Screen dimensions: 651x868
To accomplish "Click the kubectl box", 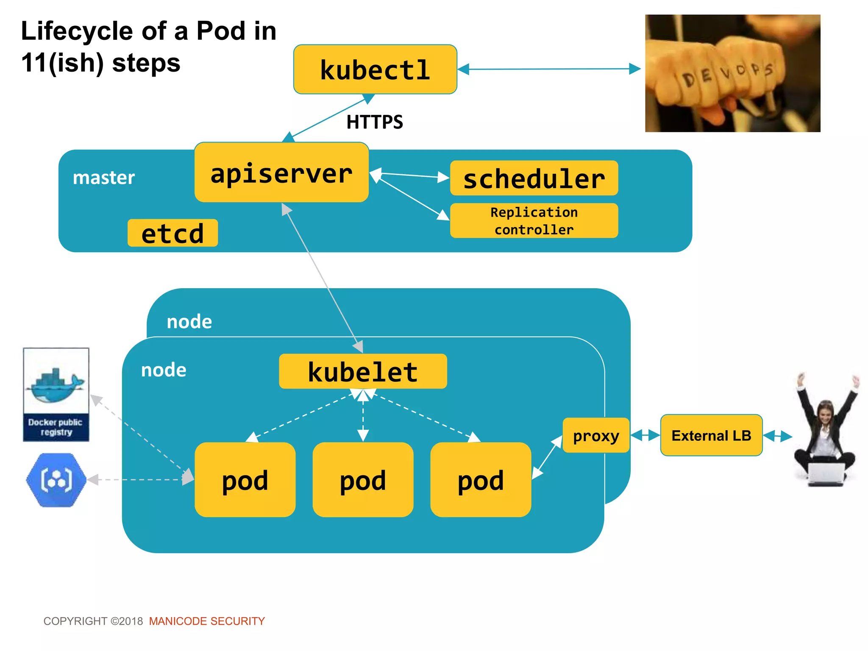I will [x=375, y=70].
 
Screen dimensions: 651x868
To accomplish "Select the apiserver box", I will [x=281, y=172].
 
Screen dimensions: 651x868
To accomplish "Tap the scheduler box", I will [x=534, y=178].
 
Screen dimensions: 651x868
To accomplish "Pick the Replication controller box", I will [x=534, y=220].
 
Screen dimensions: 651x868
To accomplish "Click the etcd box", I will [x=172, y=233].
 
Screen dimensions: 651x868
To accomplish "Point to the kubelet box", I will [x=363, y=371].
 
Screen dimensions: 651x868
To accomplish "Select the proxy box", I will [x=595, y=435].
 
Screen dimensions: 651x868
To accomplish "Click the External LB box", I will [x=711, y=435].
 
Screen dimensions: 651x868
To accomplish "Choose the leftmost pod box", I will [x=245, y=480].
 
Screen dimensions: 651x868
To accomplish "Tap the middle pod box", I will [x=363, y=480].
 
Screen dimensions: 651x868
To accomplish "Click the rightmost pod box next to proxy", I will [x=481, y=480].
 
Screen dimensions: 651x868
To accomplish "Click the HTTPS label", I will [x=375, y=122].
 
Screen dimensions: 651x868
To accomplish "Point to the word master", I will [x=104, y=177].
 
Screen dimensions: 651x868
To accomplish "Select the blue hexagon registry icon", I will [x=56, y=480].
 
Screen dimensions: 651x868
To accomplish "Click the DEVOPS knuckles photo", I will [x=732, y=73].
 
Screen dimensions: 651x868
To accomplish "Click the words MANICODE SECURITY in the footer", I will [x=207, y=621].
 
